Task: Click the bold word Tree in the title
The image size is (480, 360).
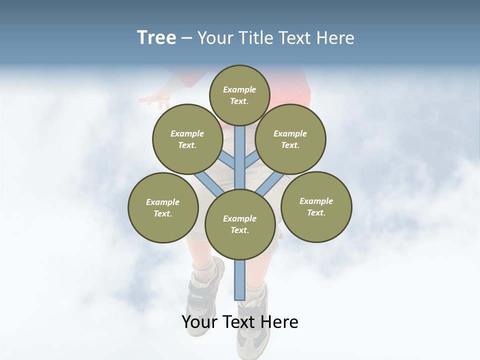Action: (156, 38)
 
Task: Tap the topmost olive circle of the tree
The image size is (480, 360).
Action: (239, 95)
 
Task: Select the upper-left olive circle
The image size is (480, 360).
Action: (187, 139)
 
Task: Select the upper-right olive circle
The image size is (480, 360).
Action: (290, 139)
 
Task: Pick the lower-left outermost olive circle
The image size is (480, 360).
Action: (163, 207)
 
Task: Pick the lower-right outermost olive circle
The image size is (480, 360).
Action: (316, 206)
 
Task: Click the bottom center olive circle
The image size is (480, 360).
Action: (240, 224)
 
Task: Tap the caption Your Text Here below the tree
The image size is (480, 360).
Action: (240, 322)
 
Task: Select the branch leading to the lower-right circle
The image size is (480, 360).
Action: (270, 183)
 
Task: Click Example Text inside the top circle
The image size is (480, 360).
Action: (239, 95)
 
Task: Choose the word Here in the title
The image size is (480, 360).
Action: (336, 38)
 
